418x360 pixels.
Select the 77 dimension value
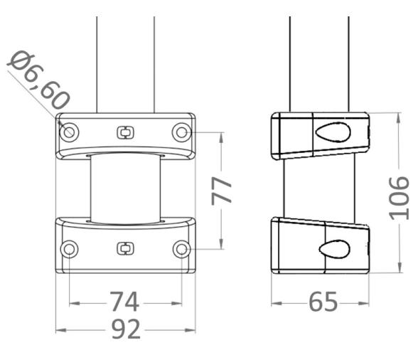225,191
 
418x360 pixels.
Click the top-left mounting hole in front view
69,132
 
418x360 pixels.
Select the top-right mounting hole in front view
181,132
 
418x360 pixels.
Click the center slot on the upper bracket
124,132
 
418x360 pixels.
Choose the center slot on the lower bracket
124,248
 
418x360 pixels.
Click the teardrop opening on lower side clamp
331,247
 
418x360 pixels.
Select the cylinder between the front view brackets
124,189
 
